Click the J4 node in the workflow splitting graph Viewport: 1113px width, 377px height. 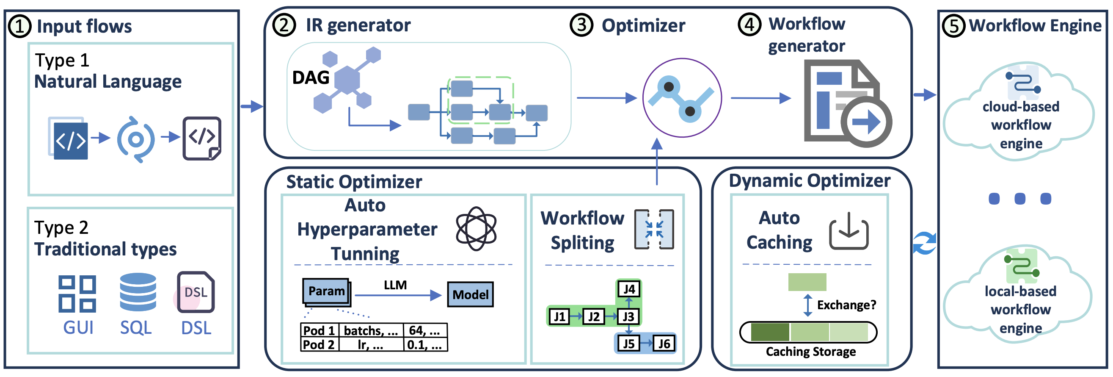(629, 289)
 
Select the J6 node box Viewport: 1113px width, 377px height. (664, 344)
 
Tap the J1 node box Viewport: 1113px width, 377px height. (559, 316)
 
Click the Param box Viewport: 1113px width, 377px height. (326, 291)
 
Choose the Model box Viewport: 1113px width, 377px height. (470, 294)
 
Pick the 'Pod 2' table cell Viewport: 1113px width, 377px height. (319, 344)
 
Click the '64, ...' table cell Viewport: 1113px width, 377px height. (425, 331)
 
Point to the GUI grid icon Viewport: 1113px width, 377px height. (77, 294)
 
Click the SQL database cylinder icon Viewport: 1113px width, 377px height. (138, 292)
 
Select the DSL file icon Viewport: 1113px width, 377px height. (196, 292)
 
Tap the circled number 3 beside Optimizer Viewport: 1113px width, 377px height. (581, 25)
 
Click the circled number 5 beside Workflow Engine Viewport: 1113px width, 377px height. (953, 26)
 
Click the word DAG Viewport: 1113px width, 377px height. (311, 78)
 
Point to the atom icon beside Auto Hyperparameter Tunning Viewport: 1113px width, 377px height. (476, 228)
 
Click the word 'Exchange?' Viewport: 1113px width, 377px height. (846, 305)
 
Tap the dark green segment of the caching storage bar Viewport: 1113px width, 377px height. (770, 332)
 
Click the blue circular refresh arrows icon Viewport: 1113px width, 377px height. (925, 243)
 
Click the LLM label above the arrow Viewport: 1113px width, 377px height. (395, 286)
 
